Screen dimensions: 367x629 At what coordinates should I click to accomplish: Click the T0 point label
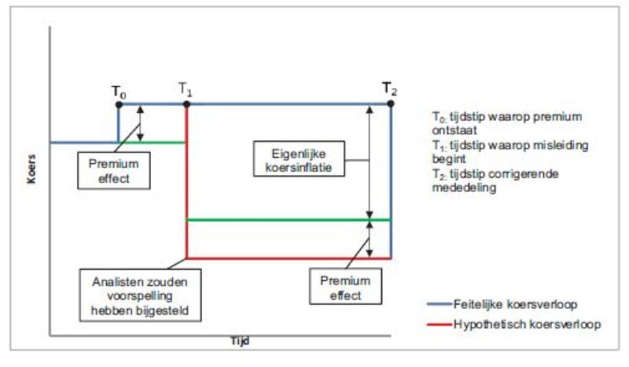point(118,90)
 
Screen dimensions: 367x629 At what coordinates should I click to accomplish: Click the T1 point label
point(186,90)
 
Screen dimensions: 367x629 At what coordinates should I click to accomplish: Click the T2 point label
point(390,88)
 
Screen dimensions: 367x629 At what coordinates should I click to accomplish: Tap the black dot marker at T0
point(119,104)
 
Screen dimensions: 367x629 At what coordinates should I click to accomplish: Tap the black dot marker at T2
point(391,104)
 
